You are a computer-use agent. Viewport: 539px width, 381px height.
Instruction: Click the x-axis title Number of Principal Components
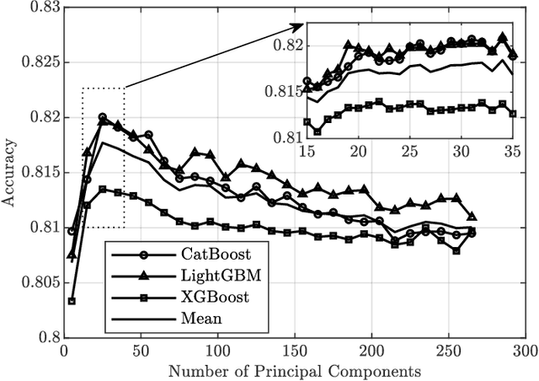pos(294,369)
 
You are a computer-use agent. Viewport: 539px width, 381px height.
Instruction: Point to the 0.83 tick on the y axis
pos(44,8)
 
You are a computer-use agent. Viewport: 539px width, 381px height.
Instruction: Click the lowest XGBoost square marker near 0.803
pos(72,301)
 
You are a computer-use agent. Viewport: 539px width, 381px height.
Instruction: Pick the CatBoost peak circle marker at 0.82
pos(102,117)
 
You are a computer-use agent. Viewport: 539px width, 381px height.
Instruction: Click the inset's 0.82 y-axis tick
pos(288,45)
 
